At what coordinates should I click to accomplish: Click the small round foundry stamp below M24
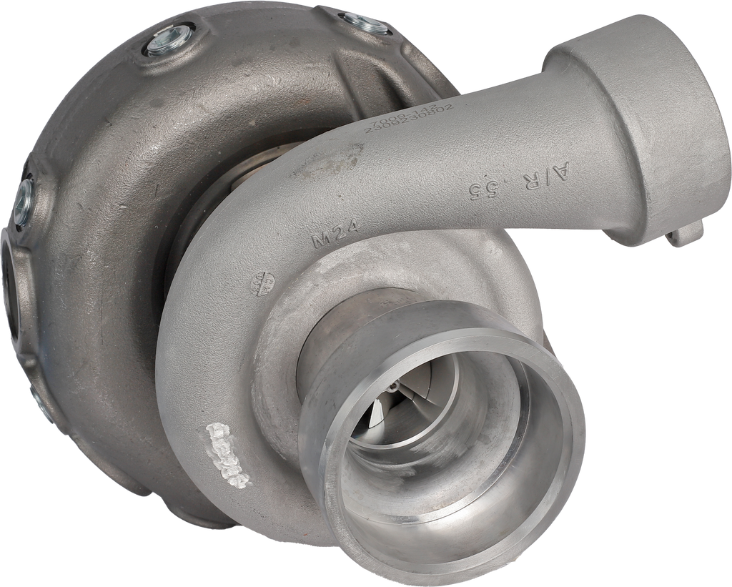tap(262, 284)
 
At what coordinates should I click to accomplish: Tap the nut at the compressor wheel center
tap(392, 387)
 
